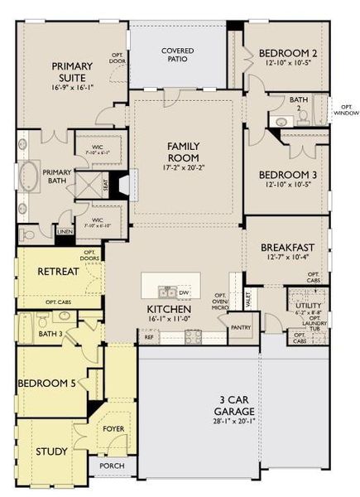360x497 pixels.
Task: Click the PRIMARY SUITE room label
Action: [72, 72]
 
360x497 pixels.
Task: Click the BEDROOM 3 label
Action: [288, 175]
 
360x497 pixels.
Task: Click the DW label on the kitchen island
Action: [185, 292]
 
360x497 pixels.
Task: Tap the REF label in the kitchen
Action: [149, 337]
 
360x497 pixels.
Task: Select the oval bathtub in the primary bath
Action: [28, 177]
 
